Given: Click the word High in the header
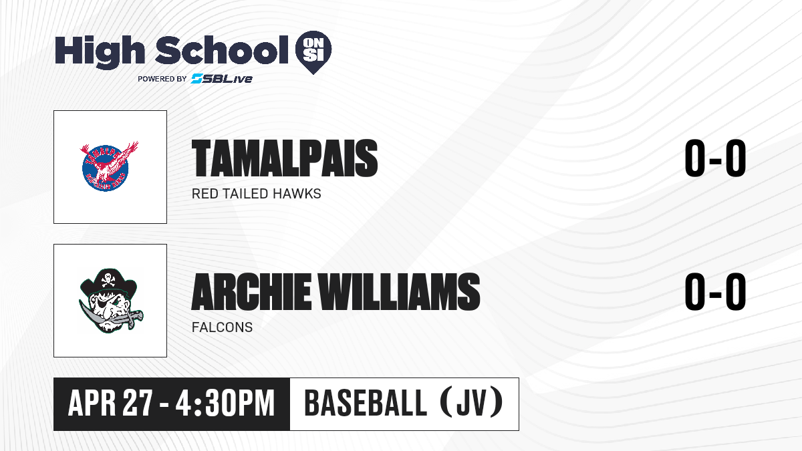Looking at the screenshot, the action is [x=100, y=52].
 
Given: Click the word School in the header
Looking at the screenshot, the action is [x=222, y=50].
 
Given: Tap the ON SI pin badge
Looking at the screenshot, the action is [x=313, y=52].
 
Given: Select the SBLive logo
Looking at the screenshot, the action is [x=222, y=78].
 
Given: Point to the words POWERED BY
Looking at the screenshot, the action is [x=162, y=79].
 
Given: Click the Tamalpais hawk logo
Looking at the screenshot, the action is [x=109, y=166].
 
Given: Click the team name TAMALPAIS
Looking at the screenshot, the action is [x=285, y=158].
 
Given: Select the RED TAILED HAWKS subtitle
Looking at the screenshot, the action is [x=257, y=194].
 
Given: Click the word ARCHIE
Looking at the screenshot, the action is [x=251, y=292].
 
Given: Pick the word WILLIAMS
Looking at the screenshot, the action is [x=400, y=292].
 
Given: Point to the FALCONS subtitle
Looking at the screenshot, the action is [x=222, y=327].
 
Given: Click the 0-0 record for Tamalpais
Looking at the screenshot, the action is [x=715, y=158].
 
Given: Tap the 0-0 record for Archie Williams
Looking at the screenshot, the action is [x=715, y=292].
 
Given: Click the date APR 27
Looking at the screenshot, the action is [x=111, y=404].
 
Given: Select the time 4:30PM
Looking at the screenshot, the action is [x=225, y=404].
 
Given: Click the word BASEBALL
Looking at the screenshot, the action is [x=365, y=403].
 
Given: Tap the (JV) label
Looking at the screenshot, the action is [x=472, y=403].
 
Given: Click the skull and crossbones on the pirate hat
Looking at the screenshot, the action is [x=108, y=279].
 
